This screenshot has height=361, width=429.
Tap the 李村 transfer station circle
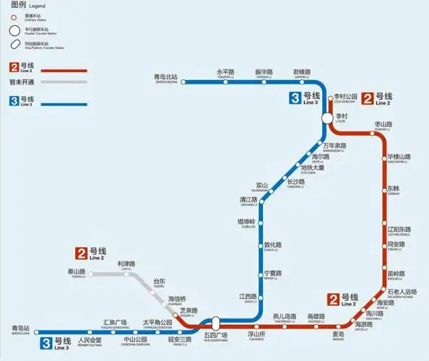(327, 117)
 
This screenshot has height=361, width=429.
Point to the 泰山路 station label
(76, 272)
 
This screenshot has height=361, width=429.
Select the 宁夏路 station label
(272, 274)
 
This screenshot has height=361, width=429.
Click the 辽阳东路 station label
(399, 230)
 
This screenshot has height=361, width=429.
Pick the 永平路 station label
(226, 72)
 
